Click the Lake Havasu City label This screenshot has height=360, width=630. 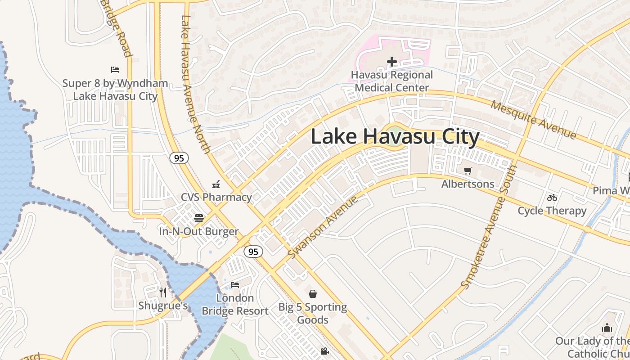[395, 137]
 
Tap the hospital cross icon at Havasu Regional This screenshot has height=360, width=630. [392, 62]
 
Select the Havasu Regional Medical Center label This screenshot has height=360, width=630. [392, 81]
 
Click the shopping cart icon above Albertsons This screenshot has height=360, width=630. [468, 171]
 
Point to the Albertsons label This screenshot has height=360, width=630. [468, 184]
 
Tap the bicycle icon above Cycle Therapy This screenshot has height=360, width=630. [552, 198]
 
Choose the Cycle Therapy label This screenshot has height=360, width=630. [552, 211]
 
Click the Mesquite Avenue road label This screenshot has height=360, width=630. [533, 119]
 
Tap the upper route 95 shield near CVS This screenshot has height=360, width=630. [179, 158]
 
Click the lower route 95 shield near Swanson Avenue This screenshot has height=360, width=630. [253, 252]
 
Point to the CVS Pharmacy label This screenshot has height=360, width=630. [216, 197]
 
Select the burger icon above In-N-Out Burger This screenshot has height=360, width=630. [199, 218]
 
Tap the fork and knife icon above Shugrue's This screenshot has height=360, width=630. [163, 292]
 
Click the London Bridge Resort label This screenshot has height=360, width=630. [235, 305]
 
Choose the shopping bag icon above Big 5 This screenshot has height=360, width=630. [313, 294]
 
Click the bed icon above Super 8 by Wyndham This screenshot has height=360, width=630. [115, 70]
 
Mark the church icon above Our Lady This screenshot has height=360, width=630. [607, 328]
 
